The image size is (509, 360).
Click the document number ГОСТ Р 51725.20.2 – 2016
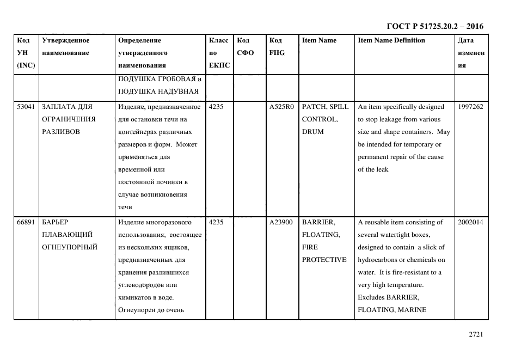(434, 26)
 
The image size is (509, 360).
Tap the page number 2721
(476, 335)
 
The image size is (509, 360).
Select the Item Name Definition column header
(391, 40)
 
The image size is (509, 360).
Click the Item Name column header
(319, 40)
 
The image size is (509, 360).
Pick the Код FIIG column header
(277, 47)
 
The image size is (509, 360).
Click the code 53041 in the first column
(26, 107)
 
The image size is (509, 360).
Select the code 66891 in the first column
(26, 222)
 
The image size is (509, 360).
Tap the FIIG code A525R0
(281, 107)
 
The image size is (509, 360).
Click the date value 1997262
(470, 107)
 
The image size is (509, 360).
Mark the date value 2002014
(470, 222)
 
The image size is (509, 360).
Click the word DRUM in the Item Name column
(312, 132)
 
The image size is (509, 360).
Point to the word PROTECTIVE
(324, 260)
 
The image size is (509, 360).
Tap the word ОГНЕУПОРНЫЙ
(70, 247)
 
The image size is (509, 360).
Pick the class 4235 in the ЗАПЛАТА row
(216, 107)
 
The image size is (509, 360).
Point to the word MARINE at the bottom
(414, 310)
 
